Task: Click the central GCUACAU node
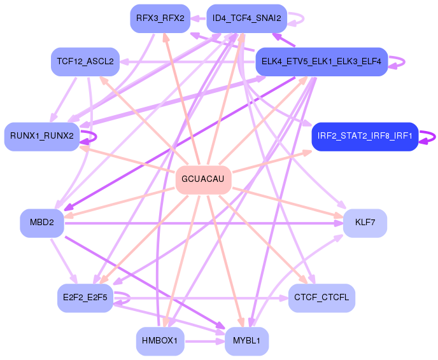(x=202, y=179)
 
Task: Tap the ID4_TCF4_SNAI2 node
(x=247, y=18)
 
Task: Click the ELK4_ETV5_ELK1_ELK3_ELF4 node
(x=321, y=61)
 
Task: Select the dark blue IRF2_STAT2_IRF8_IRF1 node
(x=365, y=135)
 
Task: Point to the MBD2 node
(x=42, y=223)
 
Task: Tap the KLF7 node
(x=365, y=223)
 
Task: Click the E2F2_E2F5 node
(x=85, y=297)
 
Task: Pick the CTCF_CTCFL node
(x=321, y=297)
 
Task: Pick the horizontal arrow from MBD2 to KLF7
(x=204, y=223)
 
